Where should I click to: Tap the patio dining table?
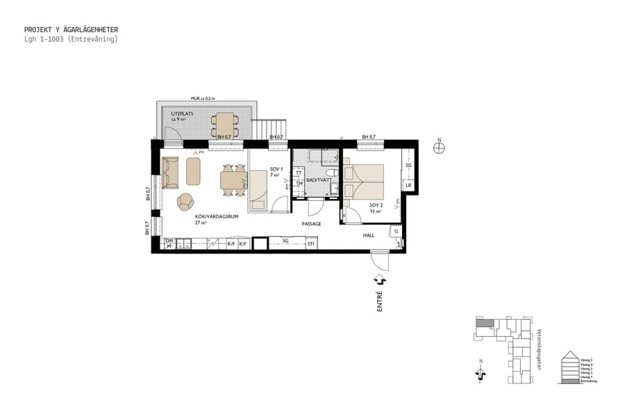coord(224,125)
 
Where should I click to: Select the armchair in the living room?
coord(185,202)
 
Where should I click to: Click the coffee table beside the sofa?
coord(193,171)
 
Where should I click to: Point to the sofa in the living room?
coord(170,172)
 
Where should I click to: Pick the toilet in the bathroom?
coord(333,173)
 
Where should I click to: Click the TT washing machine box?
coord(299,173)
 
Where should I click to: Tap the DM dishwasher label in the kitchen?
coord(168,241)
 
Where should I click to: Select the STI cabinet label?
coord(311,244)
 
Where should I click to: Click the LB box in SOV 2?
coord(408,185)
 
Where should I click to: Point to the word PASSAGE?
coord(311,224)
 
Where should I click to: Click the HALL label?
coord(369,236)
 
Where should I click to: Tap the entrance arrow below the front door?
coord(380,279)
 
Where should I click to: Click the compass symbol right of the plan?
coord(438,147)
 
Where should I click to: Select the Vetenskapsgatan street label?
coord(539,349)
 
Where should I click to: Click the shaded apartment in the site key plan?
coord(489,322)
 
